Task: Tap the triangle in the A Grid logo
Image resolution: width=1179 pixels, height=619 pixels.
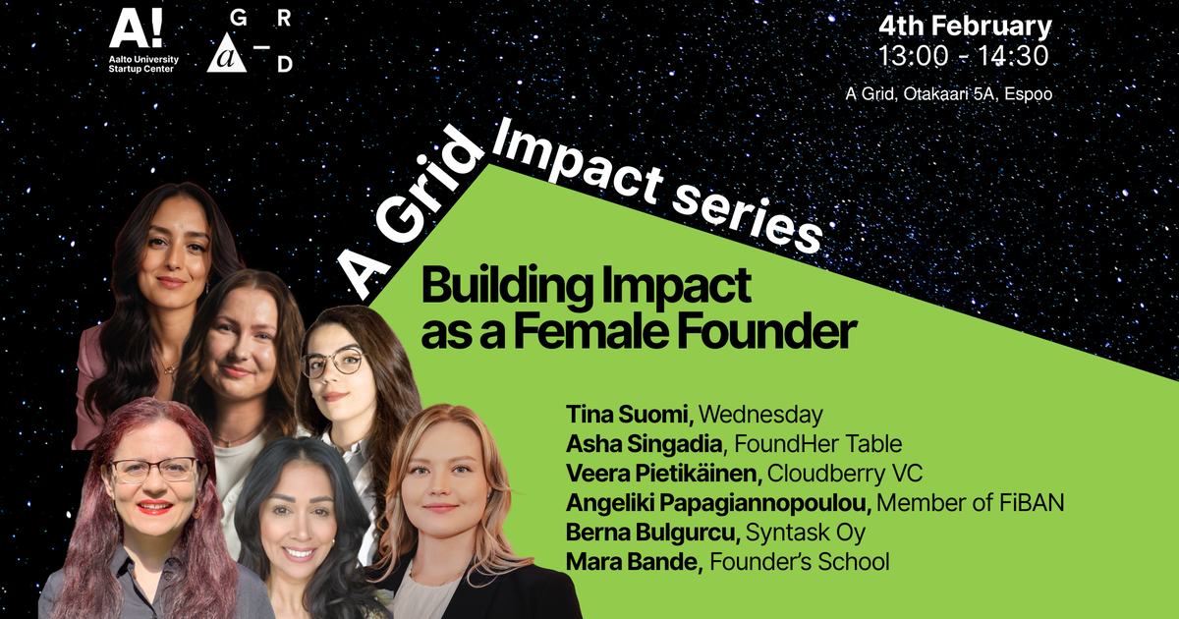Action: point(229,58)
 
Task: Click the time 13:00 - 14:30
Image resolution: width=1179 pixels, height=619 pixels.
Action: point(964,56)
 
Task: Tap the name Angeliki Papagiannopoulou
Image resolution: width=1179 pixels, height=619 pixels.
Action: point(717,503)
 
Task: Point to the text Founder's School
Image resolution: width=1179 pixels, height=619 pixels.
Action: point(799,563)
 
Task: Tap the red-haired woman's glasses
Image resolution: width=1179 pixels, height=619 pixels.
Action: point(153,470)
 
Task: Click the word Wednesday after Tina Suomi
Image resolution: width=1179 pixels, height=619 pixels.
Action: point(760,414)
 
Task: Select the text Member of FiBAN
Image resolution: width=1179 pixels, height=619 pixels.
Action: point(971,503)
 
